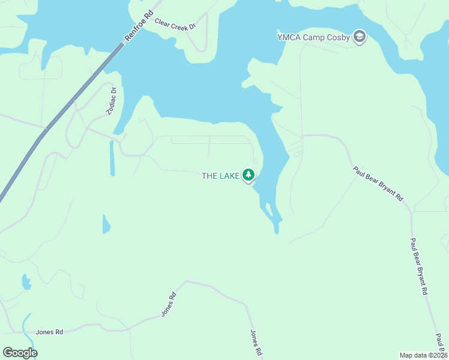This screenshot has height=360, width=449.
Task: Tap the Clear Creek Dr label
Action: (175, 23)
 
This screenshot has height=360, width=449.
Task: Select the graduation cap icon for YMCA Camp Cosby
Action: (360, 37)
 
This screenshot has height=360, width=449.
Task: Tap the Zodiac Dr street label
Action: (112, 100)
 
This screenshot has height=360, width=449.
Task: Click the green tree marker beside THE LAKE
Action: (249, 175)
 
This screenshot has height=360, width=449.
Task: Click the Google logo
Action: (20, 353)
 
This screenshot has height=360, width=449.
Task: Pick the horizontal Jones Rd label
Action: (49, 332)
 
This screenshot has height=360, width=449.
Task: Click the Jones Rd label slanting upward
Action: (168, 305)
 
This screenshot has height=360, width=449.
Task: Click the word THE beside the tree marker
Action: (209, 176)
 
